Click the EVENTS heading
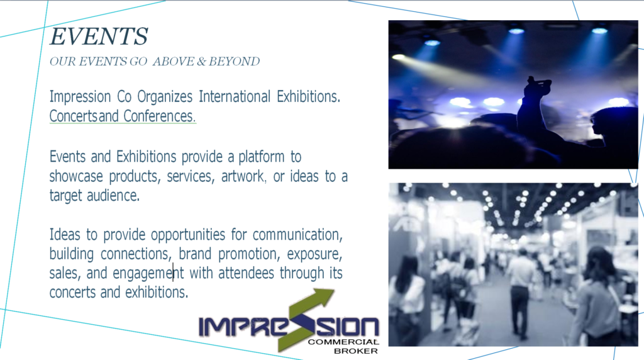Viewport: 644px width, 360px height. tap(99, 36)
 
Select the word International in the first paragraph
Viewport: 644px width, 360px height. tap(235, 96)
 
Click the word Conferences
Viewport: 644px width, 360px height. tap(159, 116)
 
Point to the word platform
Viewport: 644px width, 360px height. tap(261, 157)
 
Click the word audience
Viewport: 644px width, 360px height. tap(113, 196)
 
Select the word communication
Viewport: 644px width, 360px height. tap(297, 235)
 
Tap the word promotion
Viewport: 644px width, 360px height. tap(249, 254)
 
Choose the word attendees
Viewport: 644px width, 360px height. tap(246, 273)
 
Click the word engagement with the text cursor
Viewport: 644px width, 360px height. tap(148, 274)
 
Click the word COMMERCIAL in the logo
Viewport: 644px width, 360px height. tap(343, 342)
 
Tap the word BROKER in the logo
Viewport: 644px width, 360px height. tap(356, 351)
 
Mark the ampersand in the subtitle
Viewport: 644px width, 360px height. tap(201, 62)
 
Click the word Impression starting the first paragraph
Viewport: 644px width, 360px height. tap(80, 97)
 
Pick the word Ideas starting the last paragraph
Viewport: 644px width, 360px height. tap(65, 235)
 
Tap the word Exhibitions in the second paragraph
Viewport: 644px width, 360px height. tap(146, 157)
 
